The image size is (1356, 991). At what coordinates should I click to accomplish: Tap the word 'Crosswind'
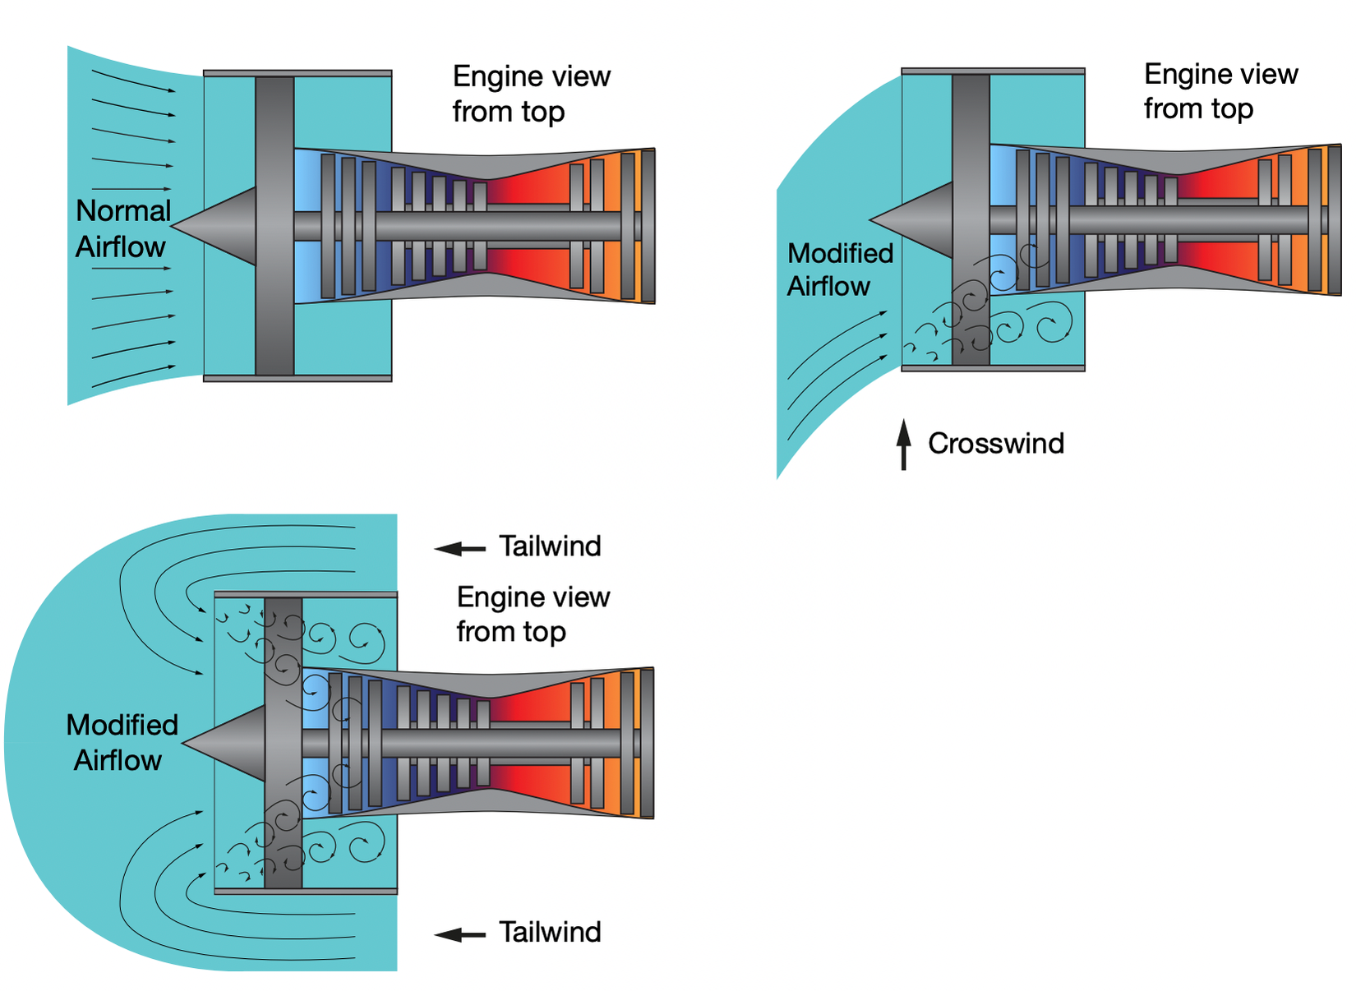(x=995, y=444)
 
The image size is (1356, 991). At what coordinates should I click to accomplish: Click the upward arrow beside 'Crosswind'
(x=904, y=445)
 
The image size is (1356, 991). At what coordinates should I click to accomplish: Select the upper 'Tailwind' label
(x=550, y=546)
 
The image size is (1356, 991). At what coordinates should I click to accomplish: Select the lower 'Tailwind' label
(x=550, y=933)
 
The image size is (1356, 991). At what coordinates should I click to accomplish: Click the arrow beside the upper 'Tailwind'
(x=460, y=548)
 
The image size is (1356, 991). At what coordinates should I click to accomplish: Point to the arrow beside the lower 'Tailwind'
(x=460, y=934)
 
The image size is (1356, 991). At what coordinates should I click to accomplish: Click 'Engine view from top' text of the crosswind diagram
(x=1220, y=90)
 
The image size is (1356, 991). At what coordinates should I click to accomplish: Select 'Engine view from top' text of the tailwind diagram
(x=533, y=614)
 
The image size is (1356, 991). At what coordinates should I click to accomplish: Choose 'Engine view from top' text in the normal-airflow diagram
(x=531, y=94)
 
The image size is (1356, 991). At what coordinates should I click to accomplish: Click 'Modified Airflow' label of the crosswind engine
(x=839, y=270)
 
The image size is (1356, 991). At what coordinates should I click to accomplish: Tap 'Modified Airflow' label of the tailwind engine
(x=122, y=742)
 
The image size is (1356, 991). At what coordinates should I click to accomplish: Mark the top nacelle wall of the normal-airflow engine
(x=297, y=73)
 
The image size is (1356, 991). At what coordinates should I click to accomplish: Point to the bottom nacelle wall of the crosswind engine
(x=993, y=368)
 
